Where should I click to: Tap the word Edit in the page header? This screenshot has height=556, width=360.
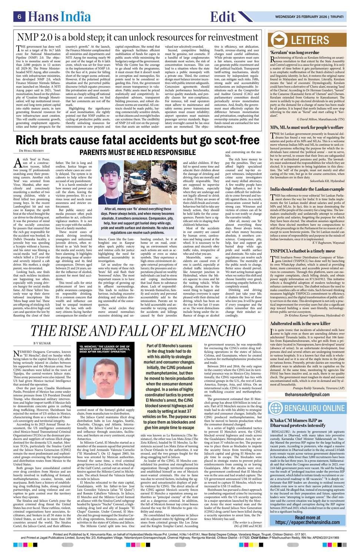pos(223,17)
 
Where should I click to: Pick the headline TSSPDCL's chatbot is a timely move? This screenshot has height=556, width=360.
pos(303,251)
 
